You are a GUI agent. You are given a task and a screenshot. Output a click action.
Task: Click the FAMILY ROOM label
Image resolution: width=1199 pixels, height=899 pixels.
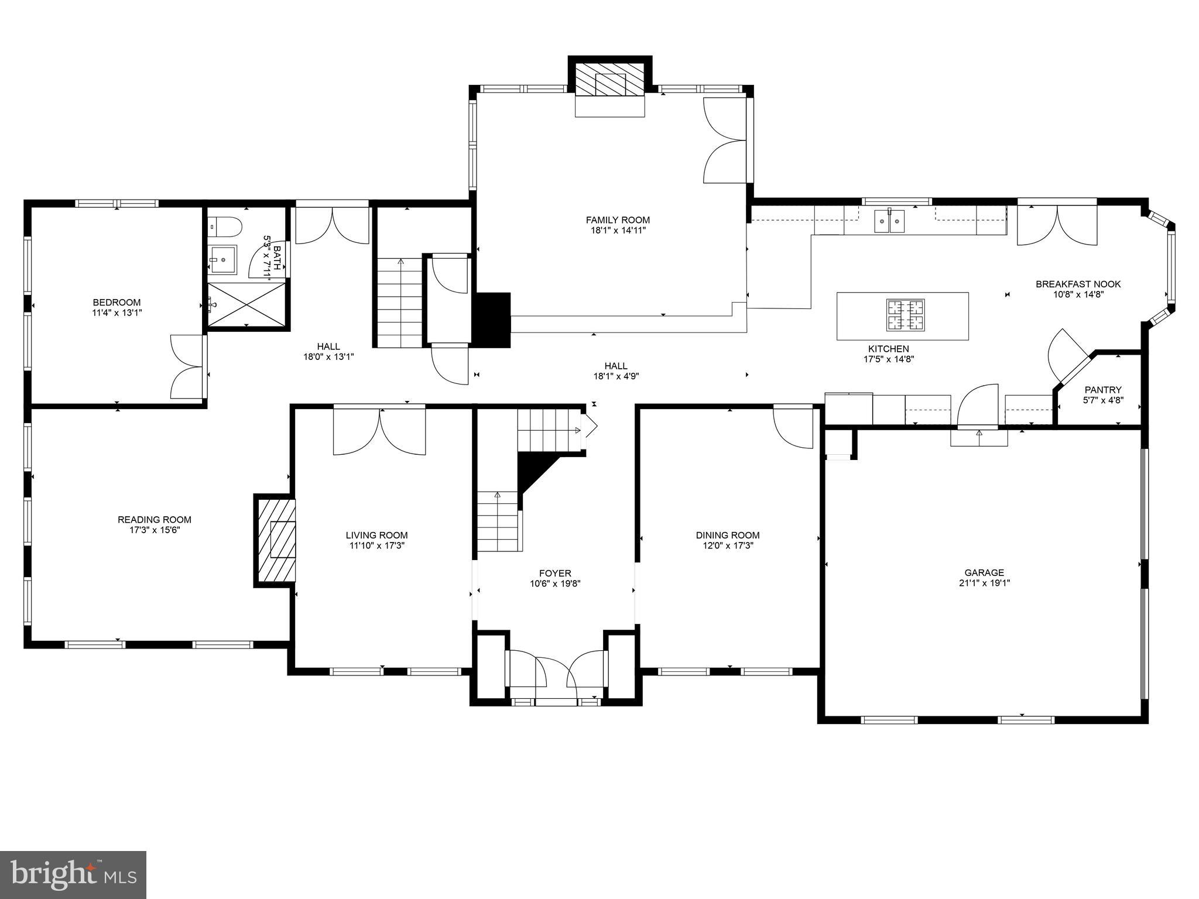[618, 220]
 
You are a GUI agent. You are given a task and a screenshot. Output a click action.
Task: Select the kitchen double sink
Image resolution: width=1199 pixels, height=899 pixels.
[889, 221]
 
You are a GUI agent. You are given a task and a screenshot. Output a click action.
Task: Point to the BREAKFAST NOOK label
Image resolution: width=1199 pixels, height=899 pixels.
[1078, 284]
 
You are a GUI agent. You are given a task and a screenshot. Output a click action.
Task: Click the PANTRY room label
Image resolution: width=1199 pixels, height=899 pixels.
[1102, 390]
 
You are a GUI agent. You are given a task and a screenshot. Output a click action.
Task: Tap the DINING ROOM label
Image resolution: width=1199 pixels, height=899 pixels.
[727, 535]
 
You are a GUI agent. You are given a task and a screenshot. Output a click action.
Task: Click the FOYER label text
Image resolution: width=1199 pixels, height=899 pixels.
[554, 574]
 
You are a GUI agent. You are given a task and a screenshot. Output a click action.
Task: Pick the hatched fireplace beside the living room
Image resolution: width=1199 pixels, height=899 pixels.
[276, 540]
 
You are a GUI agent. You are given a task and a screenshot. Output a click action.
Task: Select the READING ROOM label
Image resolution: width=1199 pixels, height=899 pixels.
[155, 520]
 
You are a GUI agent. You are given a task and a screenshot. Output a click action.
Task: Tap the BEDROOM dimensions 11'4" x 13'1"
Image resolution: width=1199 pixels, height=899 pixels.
[117, 313]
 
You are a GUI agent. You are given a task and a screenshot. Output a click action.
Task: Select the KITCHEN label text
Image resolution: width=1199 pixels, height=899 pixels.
[888, 349]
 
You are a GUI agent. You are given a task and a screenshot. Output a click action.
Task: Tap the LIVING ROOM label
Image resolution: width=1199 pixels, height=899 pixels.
[376, 535]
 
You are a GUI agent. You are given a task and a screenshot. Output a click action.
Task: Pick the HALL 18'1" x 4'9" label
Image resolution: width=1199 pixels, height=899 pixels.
[615, 371]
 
